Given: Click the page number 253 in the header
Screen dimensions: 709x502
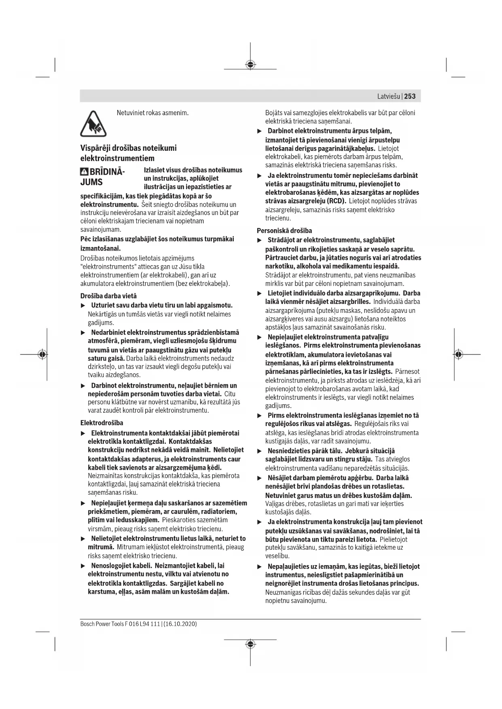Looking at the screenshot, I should click(410, 96).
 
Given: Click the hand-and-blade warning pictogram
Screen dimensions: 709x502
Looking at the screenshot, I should click(93, 123).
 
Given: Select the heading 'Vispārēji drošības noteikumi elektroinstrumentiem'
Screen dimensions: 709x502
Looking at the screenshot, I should click(128, 153).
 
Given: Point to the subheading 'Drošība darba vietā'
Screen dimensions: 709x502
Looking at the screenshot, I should click(108, 296).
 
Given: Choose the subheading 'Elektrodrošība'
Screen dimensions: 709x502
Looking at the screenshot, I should click(102, 423).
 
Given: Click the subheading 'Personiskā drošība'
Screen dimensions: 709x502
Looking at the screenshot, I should click(284, 231).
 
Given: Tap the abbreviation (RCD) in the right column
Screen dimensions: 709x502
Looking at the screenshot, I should click(336, 201).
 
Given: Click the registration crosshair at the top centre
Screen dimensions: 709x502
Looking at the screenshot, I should click(250, 65).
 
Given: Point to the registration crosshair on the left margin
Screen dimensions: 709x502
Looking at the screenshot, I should click(42, 354).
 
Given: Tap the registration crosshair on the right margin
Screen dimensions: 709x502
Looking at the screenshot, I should click(458, 354).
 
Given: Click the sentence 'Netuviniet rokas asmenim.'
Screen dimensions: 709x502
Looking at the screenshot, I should click(153, 113).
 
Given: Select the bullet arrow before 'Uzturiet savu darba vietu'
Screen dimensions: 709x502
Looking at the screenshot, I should click(83, 305).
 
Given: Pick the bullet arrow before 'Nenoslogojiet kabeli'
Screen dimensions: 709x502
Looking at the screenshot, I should click(83, 566).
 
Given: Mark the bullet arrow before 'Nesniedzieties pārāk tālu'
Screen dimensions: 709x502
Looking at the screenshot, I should click(260, 451).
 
